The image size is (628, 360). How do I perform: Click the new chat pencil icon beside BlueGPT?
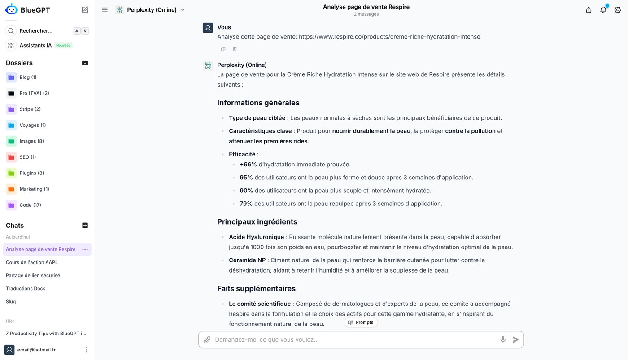click(x=85, y=9)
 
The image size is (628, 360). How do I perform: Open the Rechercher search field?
click(x=36, y=31)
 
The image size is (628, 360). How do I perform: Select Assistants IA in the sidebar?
click(x=35, y=45)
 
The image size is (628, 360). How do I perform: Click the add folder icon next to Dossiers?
click(x=85, y=63)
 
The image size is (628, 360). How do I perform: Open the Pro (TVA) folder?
click(x=34, y=93)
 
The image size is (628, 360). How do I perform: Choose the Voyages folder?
click(x=32, y=125)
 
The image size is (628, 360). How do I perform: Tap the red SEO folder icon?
click(x=11, y=157)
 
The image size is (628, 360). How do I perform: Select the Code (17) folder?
click(x=30, y=205)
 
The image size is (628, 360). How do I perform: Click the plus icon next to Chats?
click(x=85, y=226)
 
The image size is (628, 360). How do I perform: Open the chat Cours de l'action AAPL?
click(x=32, y=262)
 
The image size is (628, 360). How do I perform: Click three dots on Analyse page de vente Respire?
click(x=85, y=249)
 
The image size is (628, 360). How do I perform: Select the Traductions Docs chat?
click(x=26, y=288)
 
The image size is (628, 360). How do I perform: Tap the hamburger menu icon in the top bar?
click(x=105, y=10)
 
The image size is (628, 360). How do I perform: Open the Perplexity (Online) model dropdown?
click(x=151, y=10)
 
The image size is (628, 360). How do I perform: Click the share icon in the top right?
click(x=589, y=10)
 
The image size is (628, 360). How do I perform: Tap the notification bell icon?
click(x=603, y=10)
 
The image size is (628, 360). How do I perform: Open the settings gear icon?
click(x=618, y=10)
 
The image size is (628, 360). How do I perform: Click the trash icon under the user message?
click(x=235, y=49)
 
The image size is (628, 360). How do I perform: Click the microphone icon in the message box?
click(x=503, y=340)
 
